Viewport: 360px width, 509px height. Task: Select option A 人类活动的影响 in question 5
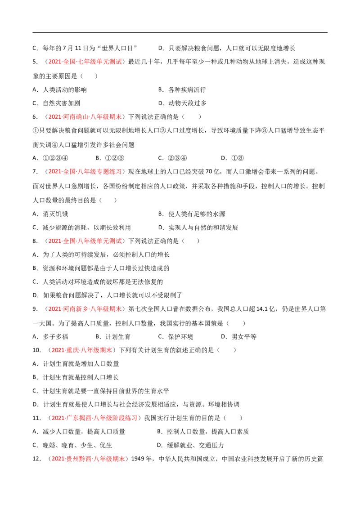coord(59,90)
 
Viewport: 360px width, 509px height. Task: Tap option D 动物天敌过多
coord(182,103)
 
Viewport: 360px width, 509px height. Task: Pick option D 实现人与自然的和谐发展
coord(198,228)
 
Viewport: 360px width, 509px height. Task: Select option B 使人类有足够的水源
coord(192,214)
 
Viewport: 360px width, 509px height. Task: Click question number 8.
coord(35,241)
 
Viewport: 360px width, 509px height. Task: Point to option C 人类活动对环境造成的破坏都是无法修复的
coord(98,282)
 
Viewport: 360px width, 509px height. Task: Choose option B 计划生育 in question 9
coord(113,337)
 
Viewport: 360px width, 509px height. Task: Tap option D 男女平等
coord(239,337)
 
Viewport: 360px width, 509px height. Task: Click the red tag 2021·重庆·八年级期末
coord(81,350)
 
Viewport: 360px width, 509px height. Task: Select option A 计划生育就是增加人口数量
coord(76,364)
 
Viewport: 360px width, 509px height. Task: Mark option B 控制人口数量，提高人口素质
coord(203,432)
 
